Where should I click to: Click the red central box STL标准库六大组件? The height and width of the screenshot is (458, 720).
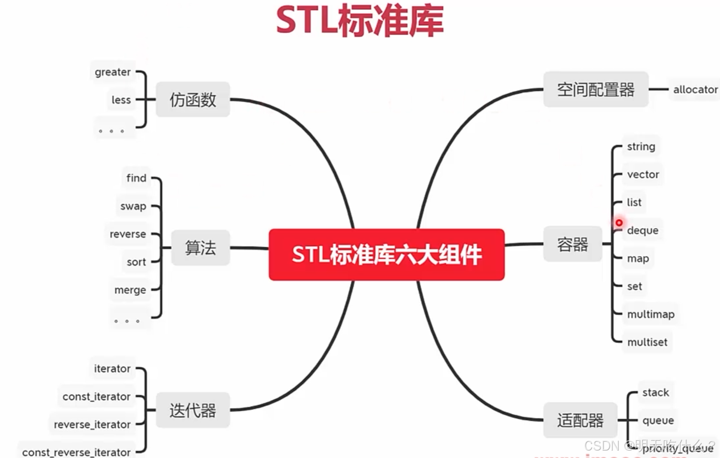387,255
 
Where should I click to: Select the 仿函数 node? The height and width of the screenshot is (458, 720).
193,100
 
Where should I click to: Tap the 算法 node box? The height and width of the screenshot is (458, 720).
200,248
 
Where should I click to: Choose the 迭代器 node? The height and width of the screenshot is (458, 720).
193,410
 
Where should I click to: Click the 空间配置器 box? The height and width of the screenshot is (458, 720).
596,89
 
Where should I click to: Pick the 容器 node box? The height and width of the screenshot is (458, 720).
573,244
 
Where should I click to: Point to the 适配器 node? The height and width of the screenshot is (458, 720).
580,420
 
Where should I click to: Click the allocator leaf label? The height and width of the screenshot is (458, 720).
695,89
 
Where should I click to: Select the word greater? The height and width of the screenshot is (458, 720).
112,72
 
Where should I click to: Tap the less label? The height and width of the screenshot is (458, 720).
121,100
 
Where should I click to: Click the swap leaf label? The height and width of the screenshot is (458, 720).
133,206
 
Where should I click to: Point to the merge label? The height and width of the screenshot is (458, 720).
130,290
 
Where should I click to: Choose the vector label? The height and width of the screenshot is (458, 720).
643,175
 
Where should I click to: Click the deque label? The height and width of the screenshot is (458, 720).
643,231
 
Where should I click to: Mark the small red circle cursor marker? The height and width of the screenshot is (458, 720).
619,223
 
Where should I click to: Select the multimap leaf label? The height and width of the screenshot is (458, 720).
651,314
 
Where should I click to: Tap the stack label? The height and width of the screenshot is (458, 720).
655,393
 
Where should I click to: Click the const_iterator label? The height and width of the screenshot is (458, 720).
96,397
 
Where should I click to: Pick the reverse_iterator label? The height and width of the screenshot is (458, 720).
92,425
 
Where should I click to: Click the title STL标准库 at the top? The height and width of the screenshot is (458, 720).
360,21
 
